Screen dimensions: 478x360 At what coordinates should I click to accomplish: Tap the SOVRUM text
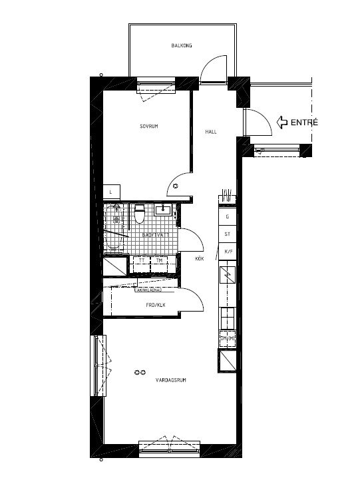click(x=148, y=126)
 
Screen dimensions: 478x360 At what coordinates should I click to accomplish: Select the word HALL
click(x=211, y=132)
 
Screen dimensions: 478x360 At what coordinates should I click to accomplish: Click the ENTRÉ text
click(x=305, y=122)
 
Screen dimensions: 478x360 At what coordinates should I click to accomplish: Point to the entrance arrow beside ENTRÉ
click(x=281, y=122)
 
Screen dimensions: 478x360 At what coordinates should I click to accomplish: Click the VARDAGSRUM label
click(x=170, y=381)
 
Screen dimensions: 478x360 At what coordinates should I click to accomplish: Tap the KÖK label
click(x=198, y=258)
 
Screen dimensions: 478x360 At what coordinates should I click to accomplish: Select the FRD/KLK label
click(x=155, y=305)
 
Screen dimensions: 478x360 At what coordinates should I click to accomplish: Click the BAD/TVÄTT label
click(x=156, y=234)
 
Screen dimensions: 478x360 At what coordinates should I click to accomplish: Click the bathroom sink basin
click(x=163, y=210)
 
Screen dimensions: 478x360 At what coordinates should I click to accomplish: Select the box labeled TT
click(x=142, y=261)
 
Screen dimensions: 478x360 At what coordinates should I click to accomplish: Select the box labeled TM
click(x=160, y=261)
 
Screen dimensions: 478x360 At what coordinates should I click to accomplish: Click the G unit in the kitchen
click(x=228, y=216)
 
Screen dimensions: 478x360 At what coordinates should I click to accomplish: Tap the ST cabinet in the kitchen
click(x=228, y=234)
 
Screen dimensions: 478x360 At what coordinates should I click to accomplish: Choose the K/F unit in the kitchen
click(x=228, y=251)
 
